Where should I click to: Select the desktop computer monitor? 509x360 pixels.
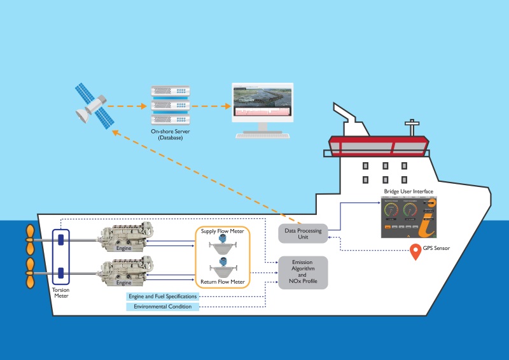point(262,104)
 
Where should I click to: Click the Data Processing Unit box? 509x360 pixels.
point(303,234)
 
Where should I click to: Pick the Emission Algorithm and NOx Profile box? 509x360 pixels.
point(303,272)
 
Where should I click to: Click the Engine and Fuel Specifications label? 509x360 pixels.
point(162,296)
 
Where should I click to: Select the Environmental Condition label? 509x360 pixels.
point(162,307)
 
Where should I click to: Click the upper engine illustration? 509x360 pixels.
point(124,236)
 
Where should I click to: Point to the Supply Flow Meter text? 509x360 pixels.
point(223,231)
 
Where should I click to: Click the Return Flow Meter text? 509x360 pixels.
point(223,282)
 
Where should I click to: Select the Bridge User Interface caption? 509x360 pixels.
point(408,191)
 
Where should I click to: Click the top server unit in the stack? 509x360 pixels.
point(171,92)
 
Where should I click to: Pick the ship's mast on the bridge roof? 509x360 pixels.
point(415,128)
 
